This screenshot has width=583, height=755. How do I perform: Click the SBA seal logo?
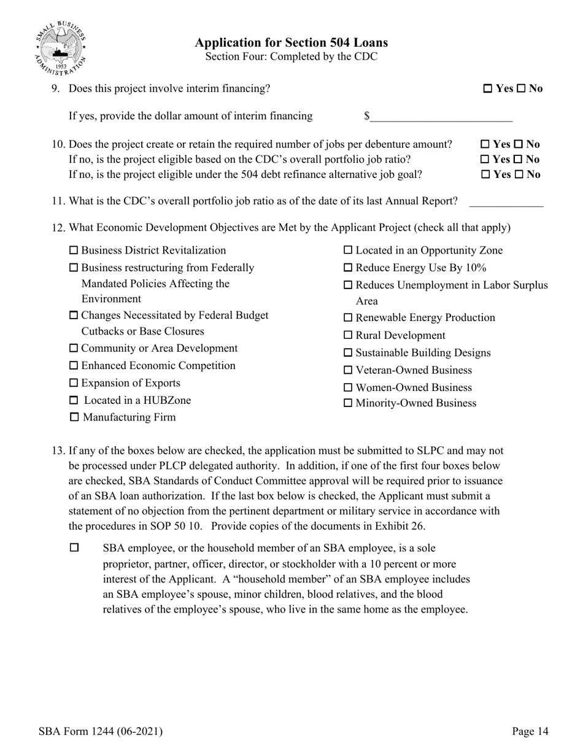coord(61,47)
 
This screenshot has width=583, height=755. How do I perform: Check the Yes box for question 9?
coord(488,89)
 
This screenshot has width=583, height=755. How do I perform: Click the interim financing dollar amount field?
coord(441,117)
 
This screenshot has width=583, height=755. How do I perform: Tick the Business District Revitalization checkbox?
coord(74,250)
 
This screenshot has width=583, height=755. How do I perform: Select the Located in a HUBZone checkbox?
coord(74,401)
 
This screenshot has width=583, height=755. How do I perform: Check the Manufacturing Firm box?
coord(74,417)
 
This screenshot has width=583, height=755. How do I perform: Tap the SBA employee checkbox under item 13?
coord(74,548)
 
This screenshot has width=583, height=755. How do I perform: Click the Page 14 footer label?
coord(530,731)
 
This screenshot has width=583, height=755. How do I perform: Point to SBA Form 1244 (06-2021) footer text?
coord(100,731)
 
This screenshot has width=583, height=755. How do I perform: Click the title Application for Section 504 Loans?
coord(291,43)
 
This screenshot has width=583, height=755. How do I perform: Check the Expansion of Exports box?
coord(74,383)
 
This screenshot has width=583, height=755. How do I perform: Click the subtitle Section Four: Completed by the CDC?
coord(291,57)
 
